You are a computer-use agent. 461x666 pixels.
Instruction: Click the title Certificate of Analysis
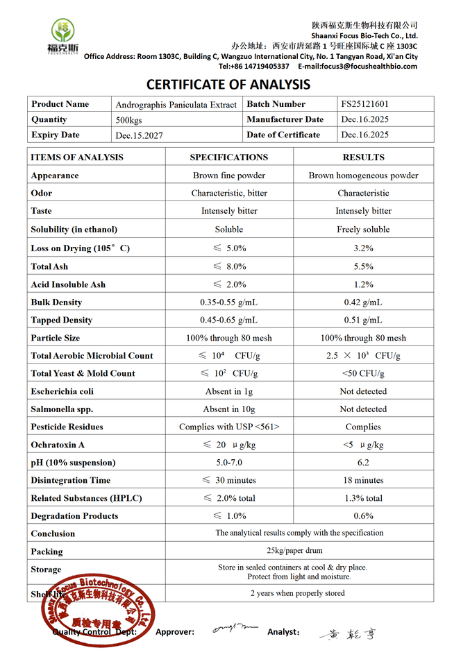[x=228, y=85]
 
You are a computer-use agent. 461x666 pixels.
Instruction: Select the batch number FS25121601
[x=365, y=104]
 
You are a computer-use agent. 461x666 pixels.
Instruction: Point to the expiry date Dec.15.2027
[x=140, y=135]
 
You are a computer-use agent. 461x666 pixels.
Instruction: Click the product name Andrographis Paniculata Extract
[x=176, y=105]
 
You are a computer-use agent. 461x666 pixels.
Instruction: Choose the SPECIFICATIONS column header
[x=229, y=157]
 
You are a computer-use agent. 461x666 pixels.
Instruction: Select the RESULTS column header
[x=363, y=157]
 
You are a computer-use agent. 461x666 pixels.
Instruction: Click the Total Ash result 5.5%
[x=363, y=266]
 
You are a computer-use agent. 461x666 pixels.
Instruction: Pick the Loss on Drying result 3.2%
[x=363, y=248]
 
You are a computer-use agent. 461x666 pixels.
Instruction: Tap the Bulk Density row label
[x=56, y=302]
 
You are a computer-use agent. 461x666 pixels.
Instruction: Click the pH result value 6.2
[x=363, y=463]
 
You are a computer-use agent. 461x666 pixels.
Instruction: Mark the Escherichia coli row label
[x=62, y=391]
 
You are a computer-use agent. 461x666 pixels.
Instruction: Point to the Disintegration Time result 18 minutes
[x=363, y=480]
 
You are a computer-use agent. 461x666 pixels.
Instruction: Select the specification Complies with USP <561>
[x=229, y=427]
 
